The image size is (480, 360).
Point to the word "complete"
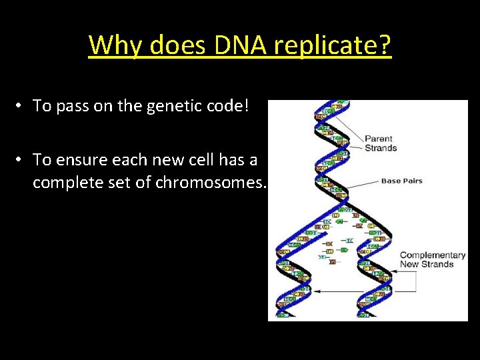tap(63, 182)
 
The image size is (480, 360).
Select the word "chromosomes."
tap(211, 182)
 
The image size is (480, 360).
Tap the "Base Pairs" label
tap(401, 181)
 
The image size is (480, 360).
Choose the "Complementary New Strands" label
tap(432, 259)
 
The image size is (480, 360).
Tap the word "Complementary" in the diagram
tap(432, 255)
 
